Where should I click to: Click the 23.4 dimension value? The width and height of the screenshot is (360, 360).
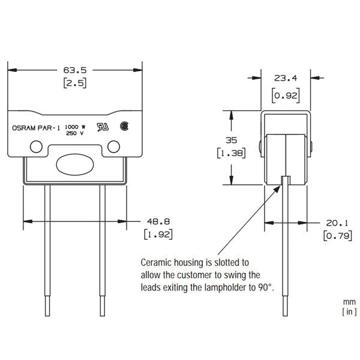[x=286, y=77]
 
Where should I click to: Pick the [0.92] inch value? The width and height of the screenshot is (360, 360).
[x=286, y=95]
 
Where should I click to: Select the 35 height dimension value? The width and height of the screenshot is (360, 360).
[x=230, y=140]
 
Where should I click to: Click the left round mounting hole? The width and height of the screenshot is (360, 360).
[x=37, y=145]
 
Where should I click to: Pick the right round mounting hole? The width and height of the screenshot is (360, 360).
[x=113, y=145]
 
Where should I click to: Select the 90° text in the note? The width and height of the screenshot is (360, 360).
[x=265, y=287]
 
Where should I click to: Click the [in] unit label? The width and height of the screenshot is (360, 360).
[x=349, y=311]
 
